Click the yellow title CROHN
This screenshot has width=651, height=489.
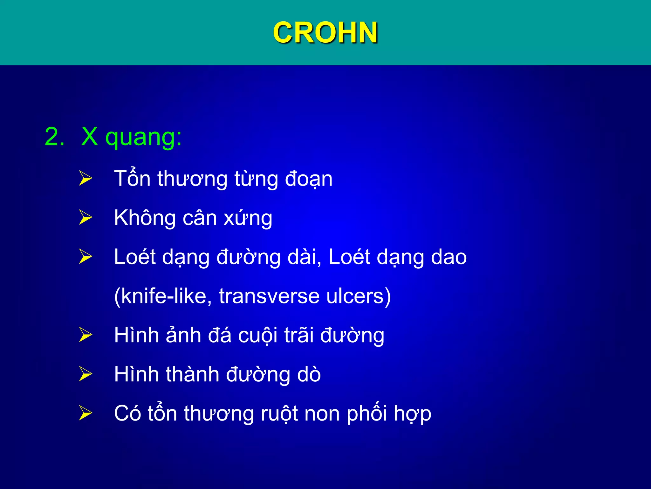pyautogui.click(x=325, y=32)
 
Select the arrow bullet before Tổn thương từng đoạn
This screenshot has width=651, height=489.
pyautogui.click(x=85, y=178)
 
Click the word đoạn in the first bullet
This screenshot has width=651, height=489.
pyautogui.click(x=309, y=179)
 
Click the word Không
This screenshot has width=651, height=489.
pyautogui.click(x=145, y=218)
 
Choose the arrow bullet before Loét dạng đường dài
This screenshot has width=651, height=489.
pyautogui.click(x=85, y=257)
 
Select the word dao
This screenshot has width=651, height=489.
pyautogui.click(x=449, y=257)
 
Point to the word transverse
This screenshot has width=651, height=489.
pyautogui.click(x=269, y=296)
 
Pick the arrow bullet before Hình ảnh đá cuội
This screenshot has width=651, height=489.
pyautogui.click(x=85, y=335)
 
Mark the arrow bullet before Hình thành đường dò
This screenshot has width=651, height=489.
pyautogui.click(x=85, y=374)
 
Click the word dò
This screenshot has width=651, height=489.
pyautogui.click(x=309, y=374)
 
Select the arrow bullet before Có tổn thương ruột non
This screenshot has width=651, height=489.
pyautogui.click(x=85, y=413)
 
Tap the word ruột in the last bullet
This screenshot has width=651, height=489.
pyautogui.click(x=279, y=414)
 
